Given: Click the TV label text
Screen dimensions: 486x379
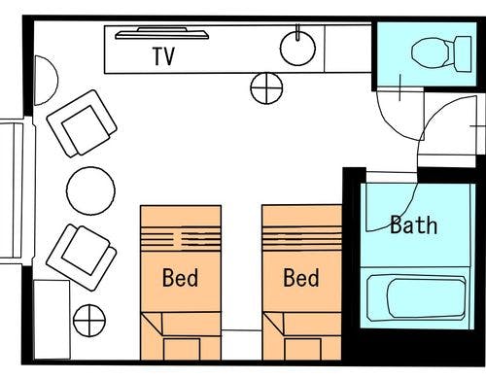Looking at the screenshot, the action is [x=163, y=56].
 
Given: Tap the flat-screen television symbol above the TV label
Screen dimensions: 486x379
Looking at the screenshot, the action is [x=162, y=34].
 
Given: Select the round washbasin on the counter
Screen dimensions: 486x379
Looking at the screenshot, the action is [x=297, y=48].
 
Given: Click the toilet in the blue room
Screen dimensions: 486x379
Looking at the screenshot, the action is [x=441, y=53].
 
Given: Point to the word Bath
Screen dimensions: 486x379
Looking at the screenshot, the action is [x=414, y=224].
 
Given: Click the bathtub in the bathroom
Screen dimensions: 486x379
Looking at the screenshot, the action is [x=417, y=297].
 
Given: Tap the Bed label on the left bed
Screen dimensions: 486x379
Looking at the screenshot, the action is [x=180, y=278].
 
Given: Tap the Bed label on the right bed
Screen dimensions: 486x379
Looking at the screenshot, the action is [x=301, y=278].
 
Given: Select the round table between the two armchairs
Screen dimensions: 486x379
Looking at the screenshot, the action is [x=90, y=190].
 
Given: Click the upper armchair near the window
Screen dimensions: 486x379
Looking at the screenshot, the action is [x=82, y=123].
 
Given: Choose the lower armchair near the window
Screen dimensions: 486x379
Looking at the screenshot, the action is [x=82, y=258].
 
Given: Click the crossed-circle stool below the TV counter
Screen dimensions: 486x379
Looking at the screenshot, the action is [x=266, y=88].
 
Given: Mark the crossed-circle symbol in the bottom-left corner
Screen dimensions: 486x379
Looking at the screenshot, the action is [x=89, y=321].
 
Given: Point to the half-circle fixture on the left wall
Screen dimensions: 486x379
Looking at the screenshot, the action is [x=46, y=81].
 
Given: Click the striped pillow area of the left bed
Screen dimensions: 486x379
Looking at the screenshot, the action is [x=181, y=239].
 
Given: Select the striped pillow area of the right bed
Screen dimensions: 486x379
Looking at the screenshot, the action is [x=302, y=239].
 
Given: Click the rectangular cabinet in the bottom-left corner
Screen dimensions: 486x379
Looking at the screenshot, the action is [x=52, y=320].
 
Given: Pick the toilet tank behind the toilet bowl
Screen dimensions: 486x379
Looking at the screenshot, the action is [x=464, y=54].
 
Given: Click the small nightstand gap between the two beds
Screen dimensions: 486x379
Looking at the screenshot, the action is [x=242, y=345].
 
